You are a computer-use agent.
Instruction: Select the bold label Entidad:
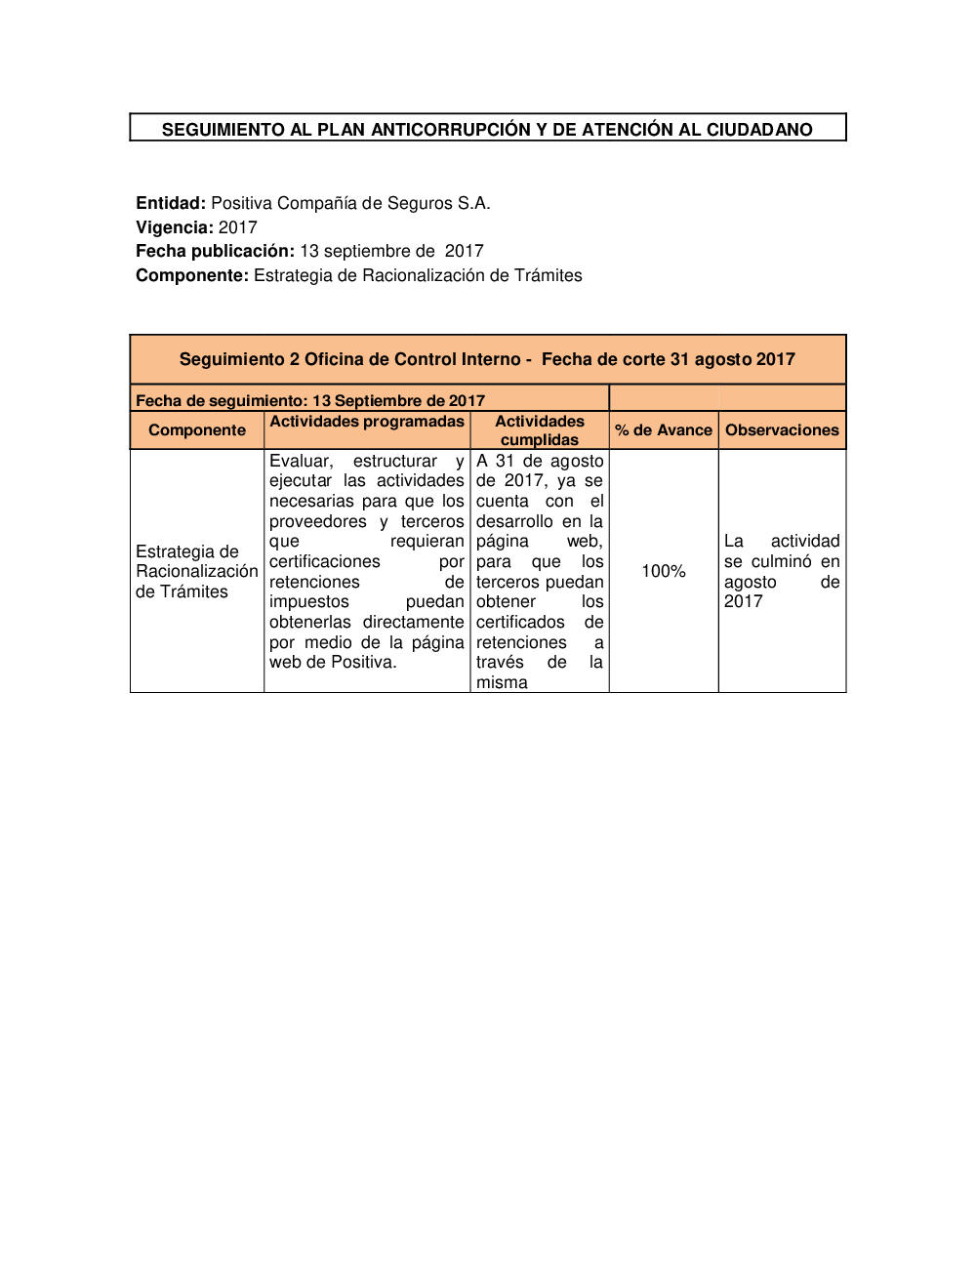pos(171,203)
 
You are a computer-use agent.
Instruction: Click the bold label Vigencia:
pos(175,227)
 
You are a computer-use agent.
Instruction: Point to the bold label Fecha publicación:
pos(215,251)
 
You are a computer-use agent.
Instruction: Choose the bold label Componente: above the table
pos(192,275)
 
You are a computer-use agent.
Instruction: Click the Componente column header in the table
pos(197,430)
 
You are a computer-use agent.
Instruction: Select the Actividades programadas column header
pos(367,422)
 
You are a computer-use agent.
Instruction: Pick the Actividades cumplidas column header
pos(540,430)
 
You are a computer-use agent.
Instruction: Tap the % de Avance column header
pos(664,430)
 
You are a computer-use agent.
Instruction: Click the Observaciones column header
pos(782,430)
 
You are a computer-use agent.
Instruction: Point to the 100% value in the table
pos(664,571)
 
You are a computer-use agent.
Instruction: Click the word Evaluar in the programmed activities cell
pos(301,461)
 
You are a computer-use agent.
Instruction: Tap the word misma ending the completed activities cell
pos(502,682)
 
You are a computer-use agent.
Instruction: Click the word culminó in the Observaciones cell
pos(782,561)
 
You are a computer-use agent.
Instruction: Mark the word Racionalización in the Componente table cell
pos(197,571)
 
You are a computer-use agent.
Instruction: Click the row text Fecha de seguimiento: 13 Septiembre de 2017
pos(310,400)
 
